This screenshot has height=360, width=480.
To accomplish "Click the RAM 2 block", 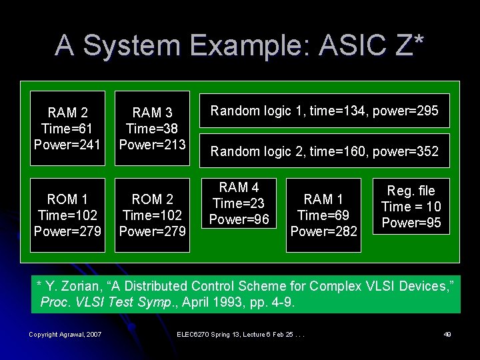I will [x=67, y=128].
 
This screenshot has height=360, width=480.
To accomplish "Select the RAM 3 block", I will [x=152, y=128].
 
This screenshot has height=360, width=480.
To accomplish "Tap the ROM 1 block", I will [x=67, y=215].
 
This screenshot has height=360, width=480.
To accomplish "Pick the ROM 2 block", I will [x=152, y=215].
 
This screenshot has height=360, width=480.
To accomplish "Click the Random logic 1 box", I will [x=325, y=111].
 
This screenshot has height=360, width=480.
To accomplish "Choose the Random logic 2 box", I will [x=325, y=151].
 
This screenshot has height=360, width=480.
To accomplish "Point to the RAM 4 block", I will [x=239, y=203].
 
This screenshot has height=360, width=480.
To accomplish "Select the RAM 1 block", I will [x=323, y=215].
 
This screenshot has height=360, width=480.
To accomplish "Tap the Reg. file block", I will [x=411, y=206].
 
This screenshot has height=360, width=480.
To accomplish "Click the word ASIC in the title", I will [x=351, y=46].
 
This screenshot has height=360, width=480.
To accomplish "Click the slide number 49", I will [x=447, y=334].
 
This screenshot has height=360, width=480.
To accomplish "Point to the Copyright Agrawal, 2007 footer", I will [x=65, y=334].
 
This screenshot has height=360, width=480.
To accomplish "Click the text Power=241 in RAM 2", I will [x=67, y=144].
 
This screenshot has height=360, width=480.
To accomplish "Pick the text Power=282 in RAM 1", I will [x=323, y=231].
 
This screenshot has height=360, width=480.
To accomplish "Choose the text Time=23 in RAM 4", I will [x=239, y=203].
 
